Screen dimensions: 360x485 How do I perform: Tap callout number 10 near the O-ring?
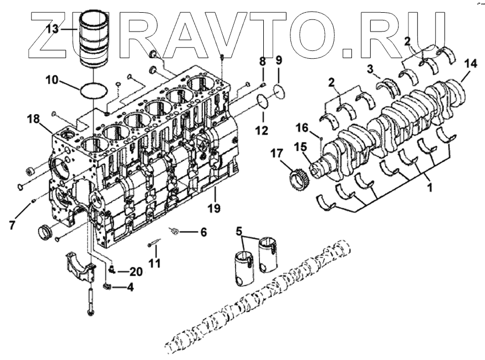pos(52,79)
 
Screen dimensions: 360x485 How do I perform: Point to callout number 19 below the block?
pos(213,208)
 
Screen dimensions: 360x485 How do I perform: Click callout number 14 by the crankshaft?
pos(470,64)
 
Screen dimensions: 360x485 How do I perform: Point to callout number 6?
pos(203,232)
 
